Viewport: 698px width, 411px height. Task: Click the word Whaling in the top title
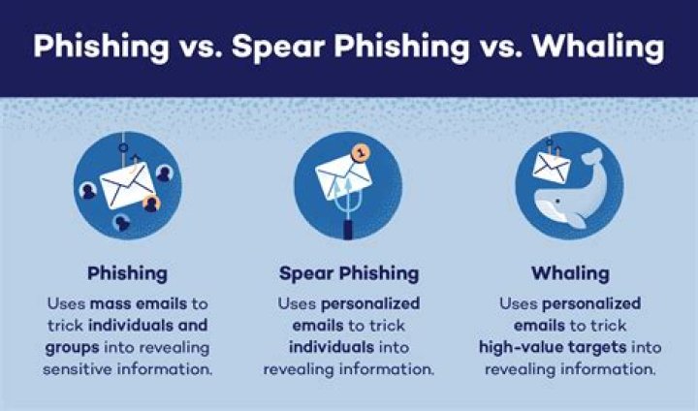(598, 47)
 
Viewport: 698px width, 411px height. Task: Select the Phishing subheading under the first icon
(127, 273)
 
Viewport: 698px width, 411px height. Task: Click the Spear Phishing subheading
(349, 273)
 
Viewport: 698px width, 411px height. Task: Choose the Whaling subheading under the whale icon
(570, 273)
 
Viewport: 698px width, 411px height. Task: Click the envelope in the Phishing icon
(127, 185)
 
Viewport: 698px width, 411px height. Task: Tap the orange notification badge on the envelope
(361, 153)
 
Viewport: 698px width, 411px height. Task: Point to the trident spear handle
(348, 226)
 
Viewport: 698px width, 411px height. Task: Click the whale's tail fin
(592, 156)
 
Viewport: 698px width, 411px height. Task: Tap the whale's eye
(556, 202)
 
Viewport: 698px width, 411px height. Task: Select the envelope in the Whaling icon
(552, 168)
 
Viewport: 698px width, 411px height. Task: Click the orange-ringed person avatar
(151, 204)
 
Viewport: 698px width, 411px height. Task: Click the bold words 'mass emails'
(139, 303)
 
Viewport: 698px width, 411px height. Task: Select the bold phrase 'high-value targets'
(553, 347)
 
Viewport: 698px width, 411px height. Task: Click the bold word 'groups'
(72, 347)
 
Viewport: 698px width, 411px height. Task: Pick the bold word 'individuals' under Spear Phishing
(332, 347)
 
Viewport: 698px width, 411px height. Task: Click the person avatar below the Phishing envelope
(121, 223)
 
